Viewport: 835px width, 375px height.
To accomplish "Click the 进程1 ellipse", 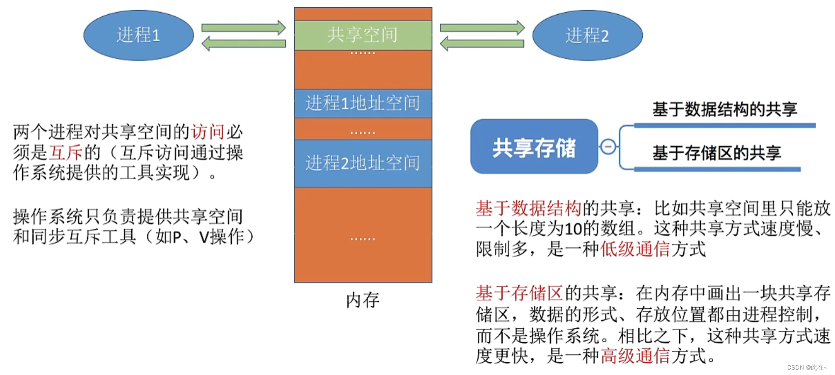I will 139,35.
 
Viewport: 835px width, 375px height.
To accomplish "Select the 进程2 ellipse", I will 587,35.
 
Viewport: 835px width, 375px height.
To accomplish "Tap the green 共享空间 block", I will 363,35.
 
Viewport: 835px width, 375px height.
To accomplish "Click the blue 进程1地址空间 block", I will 363,103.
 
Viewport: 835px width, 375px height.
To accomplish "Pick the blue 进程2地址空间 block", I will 363,163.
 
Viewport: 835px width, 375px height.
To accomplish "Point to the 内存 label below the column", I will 363,300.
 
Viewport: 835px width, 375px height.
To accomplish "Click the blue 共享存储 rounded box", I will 534,147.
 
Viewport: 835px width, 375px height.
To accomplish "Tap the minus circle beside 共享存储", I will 608,146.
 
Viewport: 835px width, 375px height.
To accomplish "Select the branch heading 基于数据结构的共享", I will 724,109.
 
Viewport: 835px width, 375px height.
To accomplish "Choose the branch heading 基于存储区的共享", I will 717,153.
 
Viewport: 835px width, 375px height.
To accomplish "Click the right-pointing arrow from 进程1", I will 244,27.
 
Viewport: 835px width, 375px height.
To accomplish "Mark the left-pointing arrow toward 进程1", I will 244,44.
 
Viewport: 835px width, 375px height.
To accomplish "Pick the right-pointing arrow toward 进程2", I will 482,27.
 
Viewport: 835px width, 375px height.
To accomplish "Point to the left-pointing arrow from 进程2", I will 482,44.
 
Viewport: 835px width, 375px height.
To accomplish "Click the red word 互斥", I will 66,153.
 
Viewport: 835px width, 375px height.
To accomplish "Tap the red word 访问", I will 208,132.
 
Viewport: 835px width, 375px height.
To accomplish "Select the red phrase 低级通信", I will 635,249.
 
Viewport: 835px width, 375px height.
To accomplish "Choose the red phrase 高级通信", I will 635,356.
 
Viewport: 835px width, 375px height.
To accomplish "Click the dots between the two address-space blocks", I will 363,133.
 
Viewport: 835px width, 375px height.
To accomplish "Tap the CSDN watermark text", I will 807,367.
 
